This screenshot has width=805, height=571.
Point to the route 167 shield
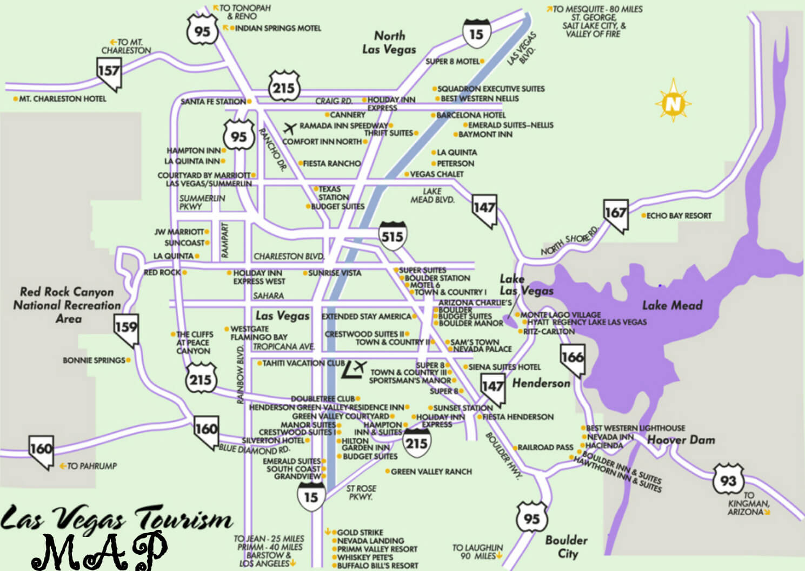pyautogui.click(x=615, y=214)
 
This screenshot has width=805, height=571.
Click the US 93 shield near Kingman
pyautogui.click(x=728, y=480)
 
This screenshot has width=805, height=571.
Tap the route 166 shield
pyautogui.click(x=572, y=359)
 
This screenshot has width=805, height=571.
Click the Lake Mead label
pyautogui.click(x=672, y=305)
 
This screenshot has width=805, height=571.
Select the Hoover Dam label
pyautogui.click(x=681, y=439)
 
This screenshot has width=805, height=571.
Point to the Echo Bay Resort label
pyautogui.click(x=678, y=215)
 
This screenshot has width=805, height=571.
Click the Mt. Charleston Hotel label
pyautogui.click(x=62, y=99)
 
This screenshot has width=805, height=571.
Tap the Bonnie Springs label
pyautogui.click(x=94, y=360)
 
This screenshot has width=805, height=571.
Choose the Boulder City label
pyautogui.click(x=566, y=547)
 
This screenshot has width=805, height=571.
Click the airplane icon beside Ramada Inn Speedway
pyautogui.click(x=290, y=128)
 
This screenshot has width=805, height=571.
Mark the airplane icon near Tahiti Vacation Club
pyautogui.click(x=355, y=368)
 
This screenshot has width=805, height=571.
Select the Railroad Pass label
pyautogui.click(x=545, y=448)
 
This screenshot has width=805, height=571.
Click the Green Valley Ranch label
pyautogui.click(x=431, y=471)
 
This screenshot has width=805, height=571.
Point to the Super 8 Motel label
pyautogui.click(x=453, y=61)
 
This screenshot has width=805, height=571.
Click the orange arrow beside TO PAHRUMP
pyautogui.click(x=63, y=465)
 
